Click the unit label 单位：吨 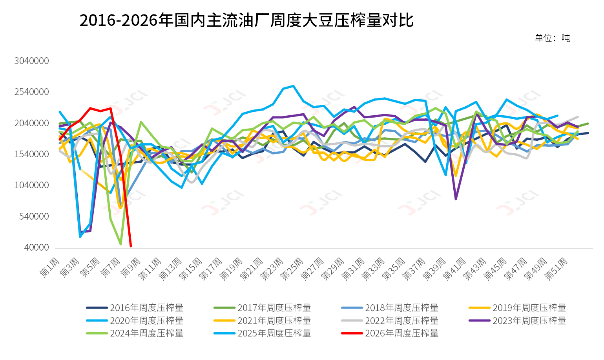pos(552,38)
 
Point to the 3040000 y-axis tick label pos(32,61)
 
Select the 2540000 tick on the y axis pos(32,92)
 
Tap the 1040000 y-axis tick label pos(32,185)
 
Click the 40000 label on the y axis pos(36,247)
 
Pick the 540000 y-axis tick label pos(34,216)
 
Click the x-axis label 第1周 pos(50,267)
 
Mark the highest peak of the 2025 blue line pos(294,86)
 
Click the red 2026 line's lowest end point pos(131,246)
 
